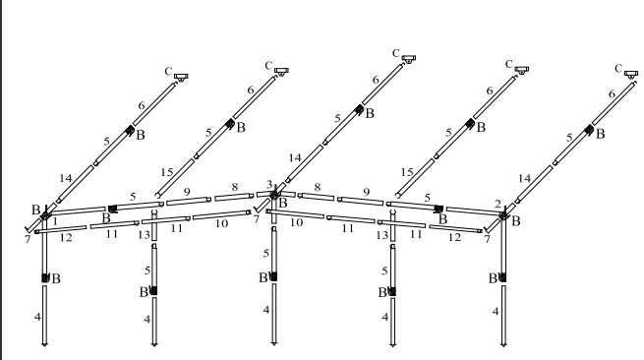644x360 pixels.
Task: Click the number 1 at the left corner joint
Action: [x=55, y=221]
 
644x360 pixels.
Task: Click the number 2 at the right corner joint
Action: [x=498, y=204]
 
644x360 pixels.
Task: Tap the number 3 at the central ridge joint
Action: [x=269, y=184]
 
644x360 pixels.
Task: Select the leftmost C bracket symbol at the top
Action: [x=181, y=77]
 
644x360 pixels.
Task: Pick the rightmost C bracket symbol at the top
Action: [x=631, y=75]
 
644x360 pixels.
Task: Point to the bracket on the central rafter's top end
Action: [x=408, y=59]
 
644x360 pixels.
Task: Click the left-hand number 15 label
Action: [x=167, y=172]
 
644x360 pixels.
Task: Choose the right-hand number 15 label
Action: [x=407, y=172]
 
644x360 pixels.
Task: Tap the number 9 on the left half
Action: [x=187, y=192]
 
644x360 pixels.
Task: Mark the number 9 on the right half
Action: [x=367, y=192]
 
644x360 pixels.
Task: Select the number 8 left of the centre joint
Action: [x=235, y=187]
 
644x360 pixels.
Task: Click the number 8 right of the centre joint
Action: [x=317, y=188]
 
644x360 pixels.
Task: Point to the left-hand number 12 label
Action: [x=66, y=237]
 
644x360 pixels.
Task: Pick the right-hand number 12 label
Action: [x=454, y=237]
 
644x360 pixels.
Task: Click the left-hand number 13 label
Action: [x=145, y=235]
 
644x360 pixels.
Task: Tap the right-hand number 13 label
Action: [x=381, y=235]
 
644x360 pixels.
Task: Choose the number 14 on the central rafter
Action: [x=295, y=157]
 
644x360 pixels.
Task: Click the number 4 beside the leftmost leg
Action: [x=37, y=317]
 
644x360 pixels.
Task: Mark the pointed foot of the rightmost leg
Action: [x=503, y=344]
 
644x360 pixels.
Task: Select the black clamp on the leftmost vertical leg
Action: [x=45, y=277]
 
